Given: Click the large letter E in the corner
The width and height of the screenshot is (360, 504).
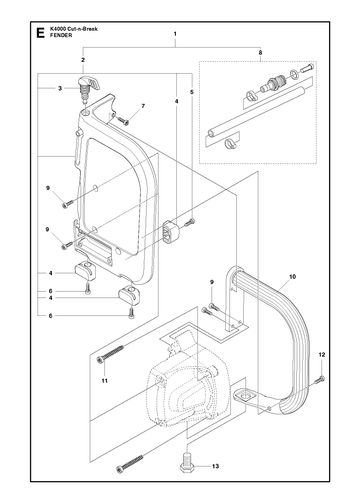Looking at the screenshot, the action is click(40, 33).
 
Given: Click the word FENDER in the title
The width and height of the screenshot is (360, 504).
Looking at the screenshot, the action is click(60, 35).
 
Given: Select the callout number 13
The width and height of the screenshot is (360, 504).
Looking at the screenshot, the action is click(215, 466).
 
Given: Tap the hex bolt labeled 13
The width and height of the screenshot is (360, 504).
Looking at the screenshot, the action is click(188, 462).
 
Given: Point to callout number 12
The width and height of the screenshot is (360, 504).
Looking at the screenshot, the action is click(321, 355).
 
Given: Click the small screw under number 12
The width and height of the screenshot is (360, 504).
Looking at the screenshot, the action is click(321, 379).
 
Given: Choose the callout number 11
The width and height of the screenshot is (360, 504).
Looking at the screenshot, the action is click(104, 381).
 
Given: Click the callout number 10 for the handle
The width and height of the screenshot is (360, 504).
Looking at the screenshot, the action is click(292, 277).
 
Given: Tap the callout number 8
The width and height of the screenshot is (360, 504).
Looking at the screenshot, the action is click(260, 52).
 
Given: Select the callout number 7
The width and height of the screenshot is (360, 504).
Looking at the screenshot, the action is click(143, 106).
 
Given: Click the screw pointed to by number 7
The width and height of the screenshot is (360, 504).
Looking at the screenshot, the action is click(124, 121).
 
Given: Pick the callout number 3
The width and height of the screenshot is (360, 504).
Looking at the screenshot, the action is click(60, 88).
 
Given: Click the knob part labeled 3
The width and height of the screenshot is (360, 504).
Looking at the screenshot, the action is click(88, 86).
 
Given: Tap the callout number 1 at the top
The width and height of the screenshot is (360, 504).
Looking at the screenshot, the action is click(175, 34).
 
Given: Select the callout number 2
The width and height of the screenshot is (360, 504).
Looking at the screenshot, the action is click(83, 60).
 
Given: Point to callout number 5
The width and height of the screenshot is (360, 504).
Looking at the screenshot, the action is click(192, 92).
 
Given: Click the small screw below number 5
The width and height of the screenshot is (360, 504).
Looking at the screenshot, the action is click(190, 222).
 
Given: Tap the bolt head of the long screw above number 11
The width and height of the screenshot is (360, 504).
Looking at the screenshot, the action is click(100, 360).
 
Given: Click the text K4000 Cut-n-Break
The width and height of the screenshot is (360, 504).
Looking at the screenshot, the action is click(73, 29).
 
